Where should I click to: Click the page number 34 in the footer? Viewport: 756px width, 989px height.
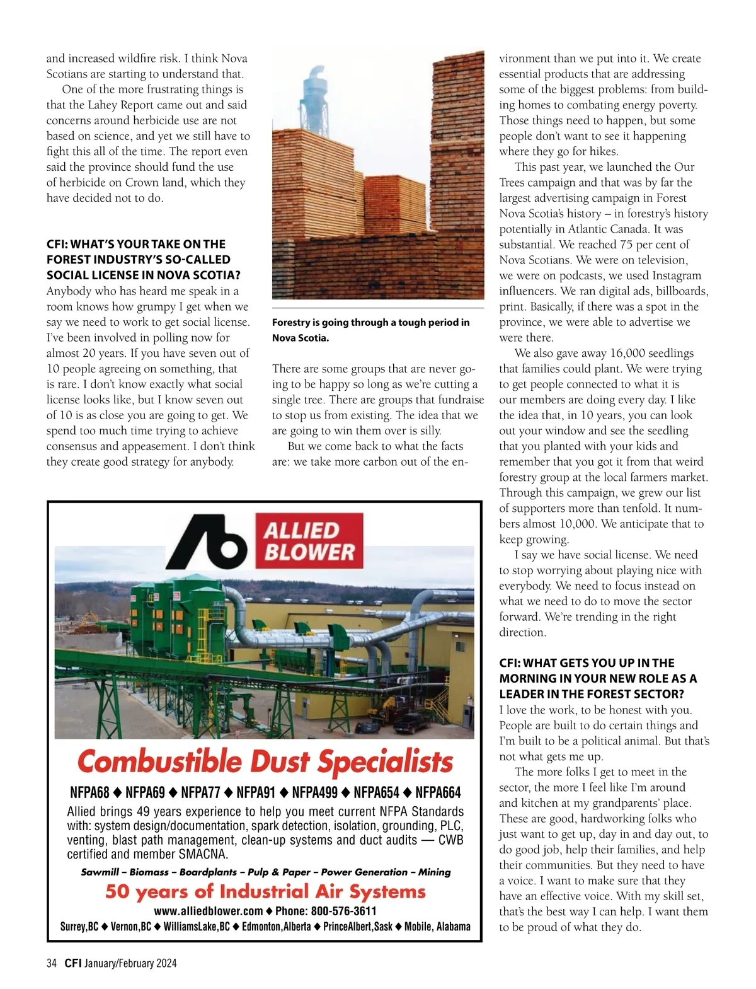tap(52, 963)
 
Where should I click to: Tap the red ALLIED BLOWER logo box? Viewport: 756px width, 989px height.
tap(309, 541)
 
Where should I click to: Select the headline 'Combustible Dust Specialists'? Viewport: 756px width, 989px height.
tap(265, 761)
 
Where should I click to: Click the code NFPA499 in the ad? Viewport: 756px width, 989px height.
tap(314, 792)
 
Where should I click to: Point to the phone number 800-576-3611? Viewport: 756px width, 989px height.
tap(343, 911)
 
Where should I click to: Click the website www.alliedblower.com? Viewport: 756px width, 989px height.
tap(209, 911)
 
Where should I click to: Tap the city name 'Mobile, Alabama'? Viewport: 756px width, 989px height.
tap(437, 927)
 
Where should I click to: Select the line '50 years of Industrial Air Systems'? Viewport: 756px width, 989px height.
tap(265, 891)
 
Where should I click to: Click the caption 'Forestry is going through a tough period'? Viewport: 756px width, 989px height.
tap(370, 323)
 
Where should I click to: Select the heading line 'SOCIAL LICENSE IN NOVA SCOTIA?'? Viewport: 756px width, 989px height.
tap(144, 275)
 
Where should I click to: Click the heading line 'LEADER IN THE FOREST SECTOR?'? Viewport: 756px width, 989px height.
tap(592, 694)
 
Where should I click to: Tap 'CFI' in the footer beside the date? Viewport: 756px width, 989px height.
tap(73, 963)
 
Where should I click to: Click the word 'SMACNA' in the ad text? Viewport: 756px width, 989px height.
tap(203, 855)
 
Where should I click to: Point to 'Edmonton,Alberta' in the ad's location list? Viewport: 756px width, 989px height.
tap(277, 927)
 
